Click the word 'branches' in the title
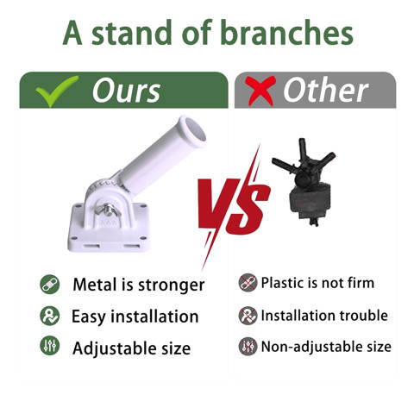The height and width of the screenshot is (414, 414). coord(286,32)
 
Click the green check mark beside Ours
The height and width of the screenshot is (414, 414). coord(57,91)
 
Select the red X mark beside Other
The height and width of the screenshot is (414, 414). coord(260,91)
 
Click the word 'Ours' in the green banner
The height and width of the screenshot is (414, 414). coord(127,91)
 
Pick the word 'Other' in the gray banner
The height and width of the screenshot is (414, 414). coord(325,90)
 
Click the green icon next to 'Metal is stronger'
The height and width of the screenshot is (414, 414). coord(50,285)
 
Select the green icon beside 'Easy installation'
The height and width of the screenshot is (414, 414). coord(50,316)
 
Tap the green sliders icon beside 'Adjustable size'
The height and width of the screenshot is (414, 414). coord(50,345)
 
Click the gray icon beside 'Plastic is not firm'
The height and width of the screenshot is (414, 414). coord(248,283)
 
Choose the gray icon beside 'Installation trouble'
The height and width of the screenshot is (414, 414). coord(248,316)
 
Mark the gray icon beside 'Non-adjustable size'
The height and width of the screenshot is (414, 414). coord(248,347)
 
